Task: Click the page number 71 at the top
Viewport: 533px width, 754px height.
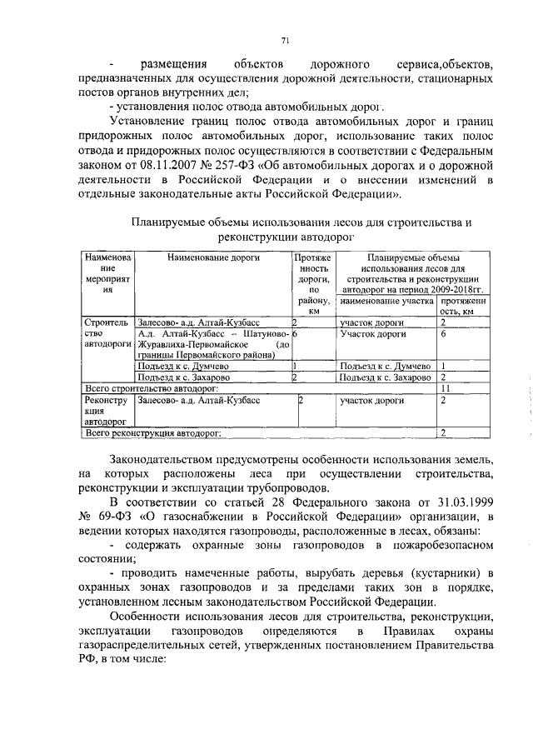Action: pos(285,40)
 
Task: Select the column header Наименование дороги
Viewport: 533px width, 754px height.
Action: pos(213,258)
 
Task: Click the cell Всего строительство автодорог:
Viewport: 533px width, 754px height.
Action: pos(153,388)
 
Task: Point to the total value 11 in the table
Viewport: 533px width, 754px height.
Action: pos(446,388)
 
